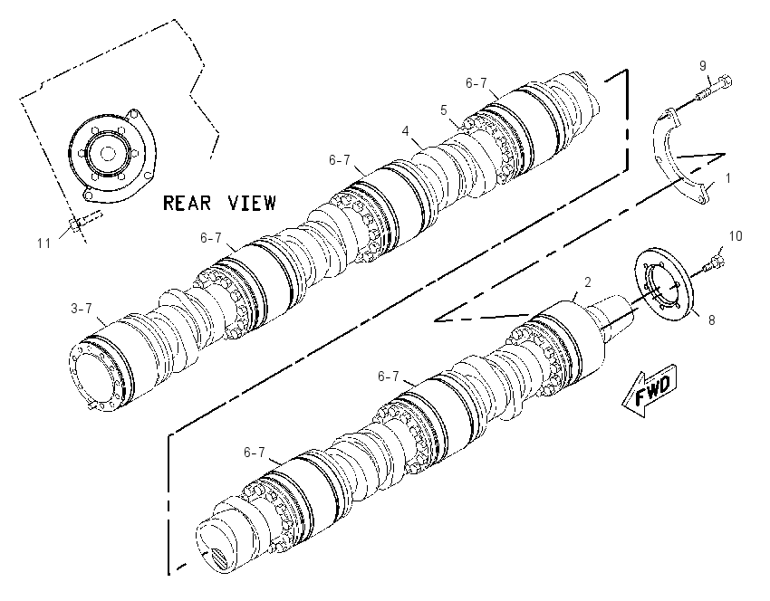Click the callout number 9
click(x=703, y=65)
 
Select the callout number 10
click(x=736, y=236)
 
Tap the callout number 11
click(x=43, y=243)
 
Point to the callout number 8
click(x=711, y=320)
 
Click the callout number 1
click(x=728, y=178)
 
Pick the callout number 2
click(x=587, y=282)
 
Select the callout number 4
click(x=405, y=131)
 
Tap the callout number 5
click(x=444, y=110)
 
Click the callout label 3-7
click(x=82, y=309)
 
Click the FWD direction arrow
click(x=650, y=390)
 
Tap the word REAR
click(x=188, y=203)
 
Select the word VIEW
click(x=252, y=203)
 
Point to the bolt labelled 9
click(x=714, y=90)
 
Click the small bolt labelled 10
click(x=713, y=262)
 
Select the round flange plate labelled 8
click(x=664, y=281)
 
